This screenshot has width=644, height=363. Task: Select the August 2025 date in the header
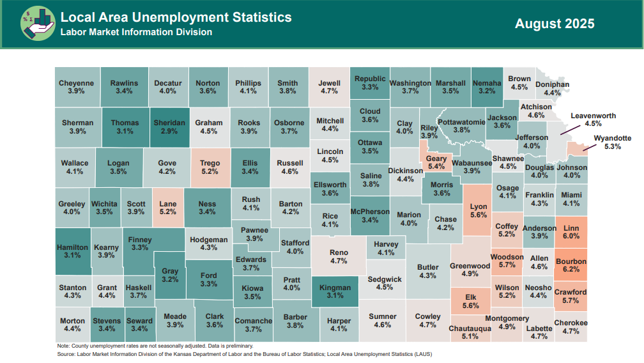click(555, 24)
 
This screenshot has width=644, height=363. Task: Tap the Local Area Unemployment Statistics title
click(176, 17)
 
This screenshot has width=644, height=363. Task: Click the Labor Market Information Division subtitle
click(136, 32)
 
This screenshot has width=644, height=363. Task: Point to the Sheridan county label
click(169, 123)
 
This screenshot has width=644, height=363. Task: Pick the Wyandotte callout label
click(612, 138)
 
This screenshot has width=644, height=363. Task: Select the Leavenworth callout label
click(593, 116)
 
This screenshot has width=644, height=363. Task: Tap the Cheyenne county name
click(76, 83)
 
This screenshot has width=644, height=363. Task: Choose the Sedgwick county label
click(385, 279)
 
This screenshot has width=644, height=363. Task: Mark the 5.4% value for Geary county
click(436, 166)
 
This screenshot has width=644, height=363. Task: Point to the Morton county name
click(72, 321)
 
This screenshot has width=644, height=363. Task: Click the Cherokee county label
click(571, 323)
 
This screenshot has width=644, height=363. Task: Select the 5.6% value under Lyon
click(479, 215)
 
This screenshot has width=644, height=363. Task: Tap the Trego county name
click(210, 164)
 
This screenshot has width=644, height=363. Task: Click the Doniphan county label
click(552, 84)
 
